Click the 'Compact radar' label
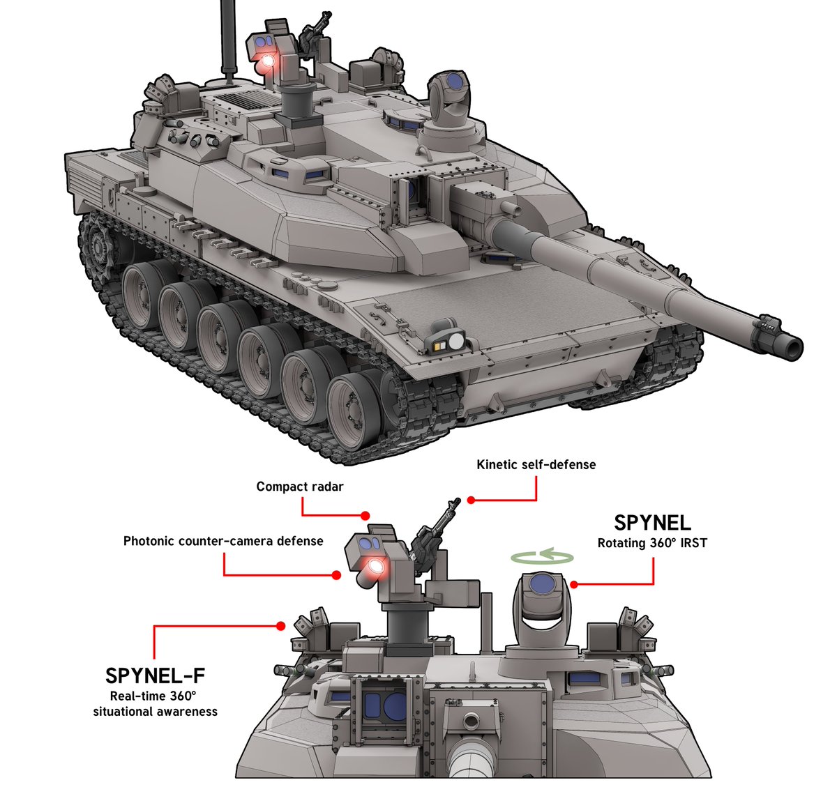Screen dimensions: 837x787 [300, 487]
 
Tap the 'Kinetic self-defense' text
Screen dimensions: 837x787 [536, 464]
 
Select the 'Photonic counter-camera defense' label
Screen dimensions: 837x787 [223, 541]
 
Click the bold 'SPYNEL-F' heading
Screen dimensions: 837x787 [155, 675]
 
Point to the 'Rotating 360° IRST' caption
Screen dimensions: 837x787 [652, 543]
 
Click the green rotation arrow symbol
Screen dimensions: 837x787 [543, 556]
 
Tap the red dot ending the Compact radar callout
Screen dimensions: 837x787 [365, 516]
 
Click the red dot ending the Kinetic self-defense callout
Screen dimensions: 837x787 [472, 500]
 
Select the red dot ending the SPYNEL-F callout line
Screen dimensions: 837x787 [280, 627]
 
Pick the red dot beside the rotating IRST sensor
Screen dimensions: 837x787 [573, 584]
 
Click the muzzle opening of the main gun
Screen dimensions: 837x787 [794, 348]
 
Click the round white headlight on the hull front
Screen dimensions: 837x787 [456, 342]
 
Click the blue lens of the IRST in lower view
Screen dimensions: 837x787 [543, 584]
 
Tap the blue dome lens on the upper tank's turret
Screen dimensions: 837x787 [455, 81]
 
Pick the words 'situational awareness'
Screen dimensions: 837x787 [155, 712]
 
